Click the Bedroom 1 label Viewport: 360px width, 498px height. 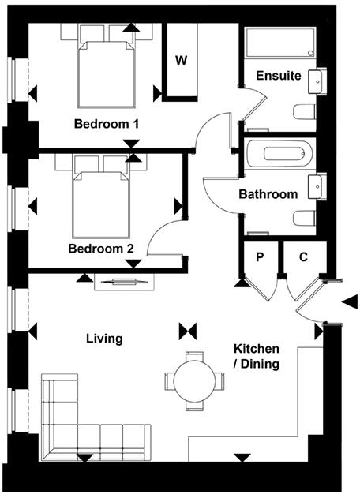107,124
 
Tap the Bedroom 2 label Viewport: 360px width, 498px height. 100,249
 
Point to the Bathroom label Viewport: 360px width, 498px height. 268,194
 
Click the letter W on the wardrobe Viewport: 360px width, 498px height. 181,61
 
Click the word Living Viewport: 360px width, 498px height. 104,339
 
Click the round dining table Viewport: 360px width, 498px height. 193,380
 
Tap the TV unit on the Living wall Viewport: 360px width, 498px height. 122,281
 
